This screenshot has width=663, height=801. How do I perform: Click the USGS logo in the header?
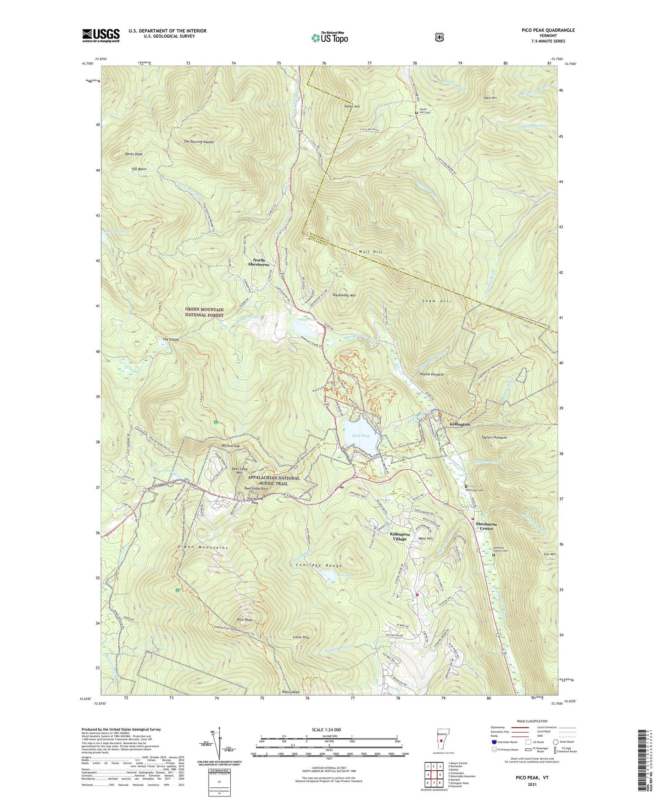101,35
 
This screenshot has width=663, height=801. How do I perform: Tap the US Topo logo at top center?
329,38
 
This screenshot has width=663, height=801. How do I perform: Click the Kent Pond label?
361,436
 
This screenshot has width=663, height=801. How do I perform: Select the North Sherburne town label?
259,262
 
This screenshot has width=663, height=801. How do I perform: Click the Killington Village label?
400,537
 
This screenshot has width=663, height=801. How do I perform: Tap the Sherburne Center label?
486,526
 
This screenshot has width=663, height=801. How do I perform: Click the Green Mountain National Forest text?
204,313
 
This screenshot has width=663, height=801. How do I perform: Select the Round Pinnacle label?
432,374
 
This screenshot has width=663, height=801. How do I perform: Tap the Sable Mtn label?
490,98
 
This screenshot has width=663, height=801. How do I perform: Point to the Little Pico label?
301,638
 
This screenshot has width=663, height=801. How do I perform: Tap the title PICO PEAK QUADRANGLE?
548,30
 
